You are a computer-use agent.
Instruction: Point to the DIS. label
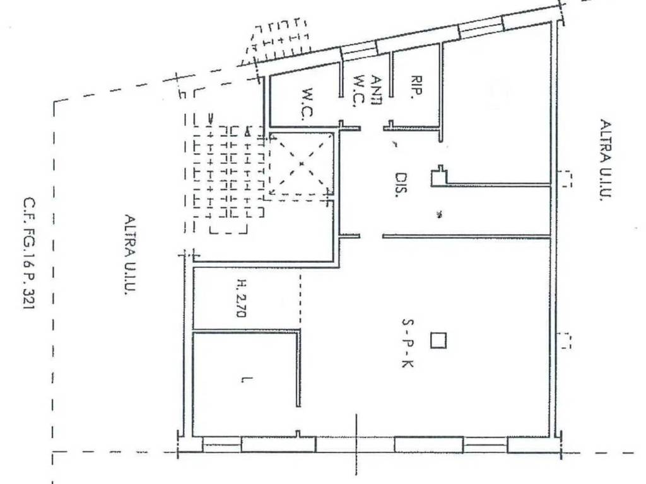pyautogui.click(x=400, y=185)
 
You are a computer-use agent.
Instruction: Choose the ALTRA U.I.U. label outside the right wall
pyautogui.click(x=604, y=161)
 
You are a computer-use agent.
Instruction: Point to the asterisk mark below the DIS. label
pyautogui.click(x=439, y=215)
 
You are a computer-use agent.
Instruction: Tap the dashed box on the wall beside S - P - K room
pyautogui.click(x=566, y=340)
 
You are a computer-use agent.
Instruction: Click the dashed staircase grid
pyautogui.click(x=224, y=180)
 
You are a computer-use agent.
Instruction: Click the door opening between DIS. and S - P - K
pyautogui.click(x=371, y=236)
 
